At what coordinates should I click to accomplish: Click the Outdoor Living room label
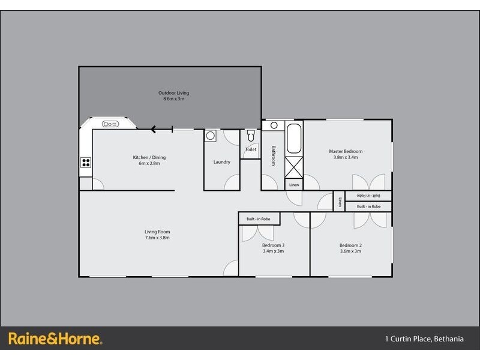[x=173, y=93]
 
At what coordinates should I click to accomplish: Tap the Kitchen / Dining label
[x=149, y=158]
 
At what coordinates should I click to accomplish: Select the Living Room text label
[x=157, y=232]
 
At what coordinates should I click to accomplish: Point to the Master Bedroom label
[x=346, y=151]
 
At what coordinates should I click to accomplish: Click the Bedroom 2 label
[x=351, y=245]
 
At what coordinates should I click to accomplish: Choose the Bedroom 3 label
[x=273, y=245]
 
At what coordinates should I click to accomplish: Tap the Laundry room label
[x=222, y=162]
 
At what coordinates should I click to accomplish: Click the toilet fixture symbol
[x=251, y=136]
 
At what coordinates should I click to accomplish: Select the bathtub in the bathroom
[x=294, y=139]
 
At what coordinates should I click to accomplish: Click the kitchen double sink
[x=111, y=124]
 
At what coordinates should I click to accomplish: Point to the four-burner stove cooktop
[x=86, y=161]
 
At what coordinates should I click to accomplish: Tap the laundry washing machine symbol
[x=210, y=136]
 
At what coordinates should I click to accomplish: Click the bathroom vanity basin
[x=274, y=126]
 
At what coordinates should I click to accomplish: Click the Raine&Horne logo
[x=55, y=338]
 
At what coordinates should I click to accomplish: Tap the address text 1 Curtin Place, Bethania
[x=424, y=339]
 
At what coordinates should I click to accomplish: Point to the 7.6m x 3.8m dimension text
[x=157, y=238]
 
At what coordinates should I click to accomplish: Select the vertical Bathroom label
[x=273, y=156]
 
